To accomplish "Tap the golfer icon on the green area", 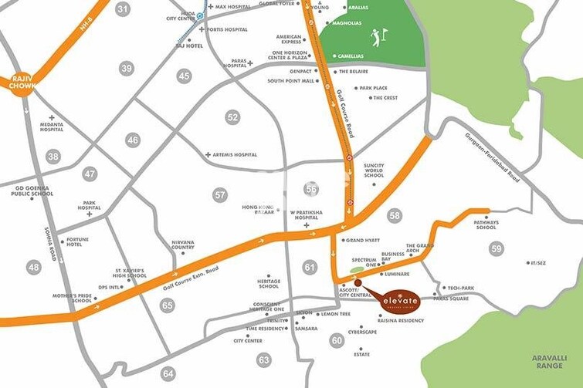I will [x=377, y=37].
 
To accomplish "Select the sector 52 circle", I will [x=232, y=117].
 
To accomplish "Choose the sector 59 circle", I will [x=496, y=248].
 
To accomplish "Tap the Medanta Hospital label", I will [x=52, y=127].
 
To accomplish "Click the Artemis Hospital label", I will [x=235, y=155].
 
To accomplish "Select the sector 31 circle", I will [x=123, y=9].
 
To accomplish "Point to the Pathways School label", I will [x=486, y=224].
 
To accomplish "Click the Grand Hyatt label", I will [x=363, y=241].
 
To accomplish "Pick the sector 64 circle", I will [x=168, y=373].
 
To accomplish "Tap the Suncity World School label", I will [x=374, y=170].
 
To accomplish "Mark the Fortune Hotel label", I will [x=77, y=242].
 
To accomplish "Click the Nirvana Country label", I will [x=182, y=245].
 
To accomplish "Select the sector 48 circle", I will [x=33, y=267].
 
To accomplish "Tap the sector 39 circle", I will [x=127, y=69].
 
